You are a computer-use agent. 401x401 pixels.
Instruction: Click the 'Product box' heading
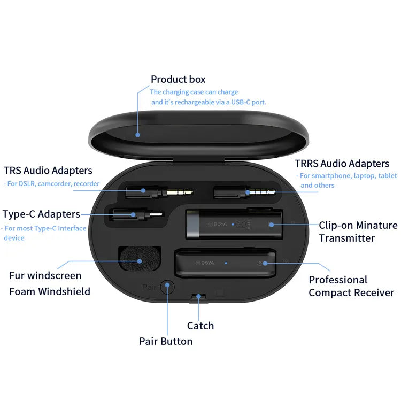pyautogui.click(x=178, y=79)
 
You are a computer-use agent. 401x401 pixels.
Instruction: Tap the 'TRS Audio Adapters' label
pyautogui.click(x=48, y=171)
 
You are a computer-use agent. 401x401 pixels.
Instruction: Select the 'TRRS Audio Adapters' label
pyautogui.click(x=342, y=164)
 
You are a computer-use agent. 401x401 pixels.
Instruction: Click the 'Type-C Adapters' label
pyautogui.click(x=41, y=214)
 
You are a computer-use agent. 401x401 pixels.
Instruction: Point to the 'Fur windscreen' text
pyautogui.click(x=45, y=276)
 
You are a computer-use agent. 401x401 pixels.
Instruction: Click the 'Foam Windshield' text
pyautogui.click(x=50, y=291)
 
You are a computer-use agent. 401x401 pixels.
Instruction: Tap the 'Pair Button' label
pyautogui.click(x=166, y=341)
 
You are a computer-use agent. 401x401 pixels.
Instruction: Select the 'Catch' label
pyautogui.click(x=200, y=326)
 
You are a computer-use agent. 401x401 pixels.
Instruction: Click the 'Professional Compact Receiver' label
pyautogui.click(x=351, y=286)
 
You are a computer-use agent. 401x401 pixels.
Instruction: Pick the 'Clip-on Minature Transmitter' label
pyautogui.click(x=358, y=232)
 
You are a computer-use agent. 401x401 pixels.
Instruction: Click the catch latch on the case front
pyautogui.click(x=198, y=296)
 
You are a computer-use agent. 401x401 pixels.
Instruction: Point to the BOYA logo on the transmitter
pyautogui.click(x=219, y=225)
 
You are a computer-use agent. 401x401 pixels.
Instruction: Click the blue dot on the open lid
pyautogui.click(x=137, y=134)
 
